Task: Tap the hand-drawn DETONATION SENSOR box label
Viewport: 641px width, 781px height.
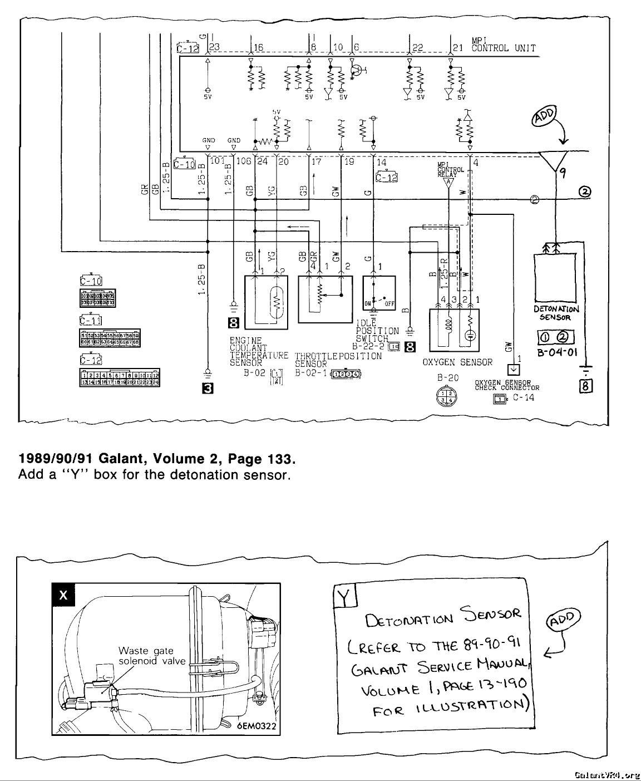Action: pos(556,313)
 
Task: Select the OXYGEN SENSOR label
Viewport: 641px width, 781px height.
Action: pos(457,362)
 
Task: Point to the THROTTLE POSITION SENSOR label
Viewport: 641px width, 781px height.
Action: pos(338,360)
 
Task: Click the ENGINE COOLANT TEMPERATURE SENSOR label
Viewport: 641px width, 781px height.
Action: pos(259,351)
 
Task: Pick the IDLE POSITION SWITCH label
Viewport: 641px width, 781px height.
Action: pos(377,331)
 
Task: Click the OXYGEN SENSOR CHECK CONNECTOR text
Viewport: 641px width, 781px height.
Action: pos(506,385)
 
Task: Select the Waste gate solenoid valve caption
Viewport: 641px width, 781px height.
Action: pos(146,656)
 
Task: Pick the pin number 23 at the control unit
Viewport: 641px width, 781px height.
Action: pos(215,47)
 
